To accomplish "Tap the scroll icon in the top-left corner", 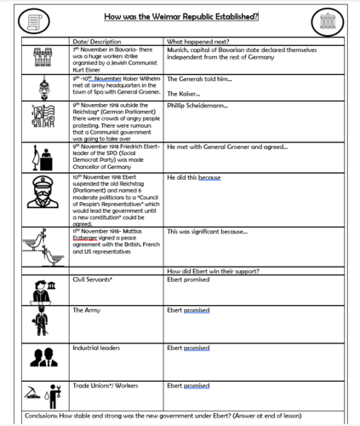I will [x=36, y=19].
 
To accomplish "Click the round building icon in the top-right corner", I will [x=324, y=19].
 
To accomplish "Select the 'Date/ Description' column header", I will [x=99, y=42].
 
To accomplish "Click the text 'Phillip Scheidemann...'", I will [x=198, y=106].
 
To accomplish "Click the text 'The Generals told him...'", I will [x=202, y=78].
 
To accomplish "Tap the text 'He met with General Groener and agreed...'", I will [x=228, y=146].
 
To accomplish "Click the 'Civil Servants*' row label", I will [x=95, y=279].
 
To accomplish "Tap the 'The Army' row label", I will [x=88, y=310].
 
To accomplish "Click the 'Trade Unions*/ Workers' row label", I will [x=107, y=385].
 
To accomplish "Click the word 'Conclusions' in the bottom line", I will [x=44, y=417].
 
